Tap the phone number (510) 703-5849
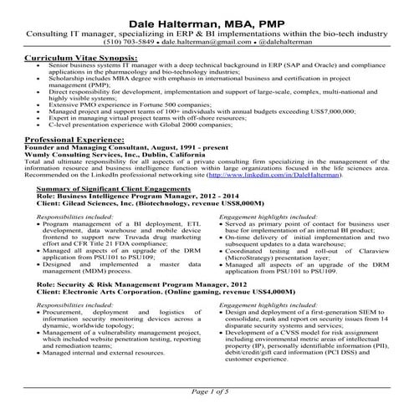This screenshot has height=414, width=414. pos(129,39)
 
